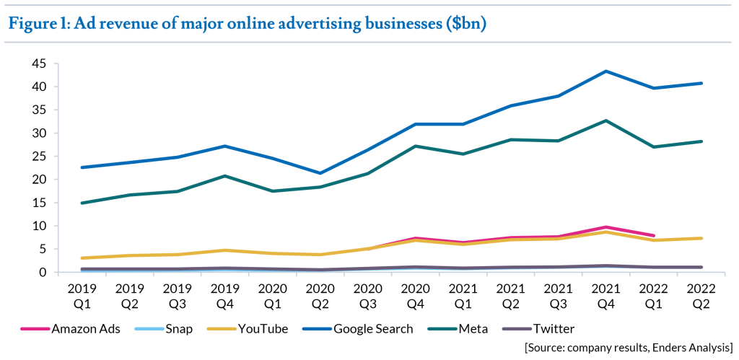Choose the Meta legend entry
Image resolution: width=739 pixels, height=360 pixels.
tap(473, 329)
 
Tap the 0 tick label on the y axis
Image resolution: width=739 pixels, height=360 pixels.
tap(43, 272)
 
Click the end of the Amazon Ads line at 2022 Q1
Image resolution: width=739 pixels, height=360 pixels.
tap(654, 235)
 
